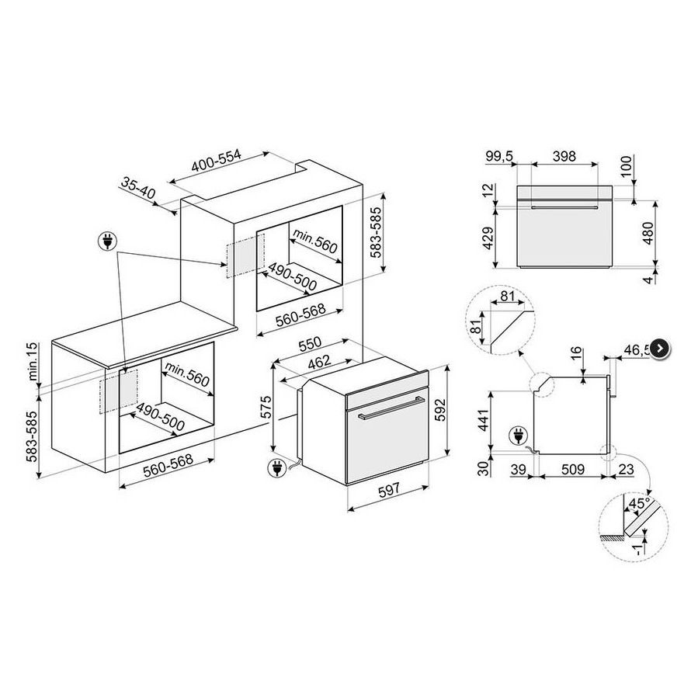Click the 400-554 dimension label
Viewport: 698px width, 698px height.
[x=217, y=160]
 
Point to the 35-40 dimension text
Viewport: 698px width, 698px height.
[x=138, y=187]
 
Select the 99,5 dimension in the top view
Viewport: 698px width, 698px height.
[x=501, y=156]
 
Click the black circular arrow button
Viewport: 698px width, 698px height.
[x=660, y=349]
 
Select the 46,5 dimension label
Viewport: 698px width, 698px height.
[x=638, y=351]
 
